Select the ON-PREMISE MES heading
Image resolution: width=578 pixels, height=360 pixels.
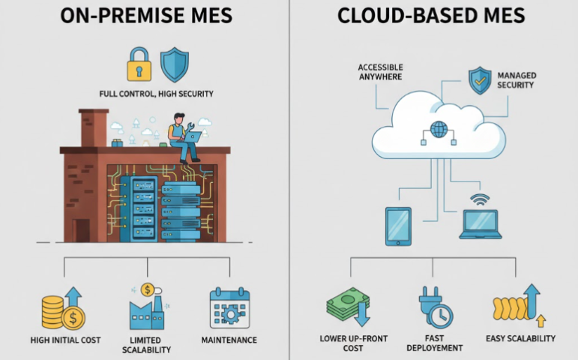click(145, 16)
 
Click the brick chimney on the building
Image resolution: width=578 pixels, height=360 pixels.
click(93, 127)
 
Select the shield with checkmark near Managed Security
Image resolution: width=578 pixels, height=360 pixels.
click(480, 79)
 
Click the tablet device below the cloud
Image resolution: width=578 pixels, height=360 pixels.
click(397, 226)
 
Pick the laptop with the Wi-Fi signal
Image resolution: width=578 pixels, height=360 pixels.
click(480, 221)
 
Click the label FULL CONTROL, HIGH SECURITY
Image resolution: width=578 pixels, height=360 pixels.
click(156, 94)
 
